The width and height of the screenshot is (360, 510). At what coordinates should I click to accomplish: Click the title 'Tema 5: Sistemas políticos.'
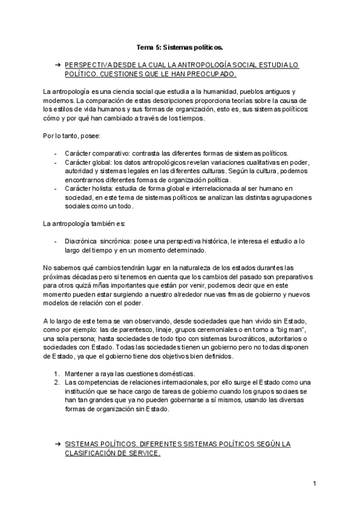tap(180, 46)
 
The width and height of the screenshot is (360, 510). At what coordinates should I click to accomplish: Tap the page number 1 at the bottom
tap(314, 483)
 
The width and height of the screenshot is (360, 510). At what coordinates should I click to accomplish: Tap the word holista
tap(105, 188)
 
